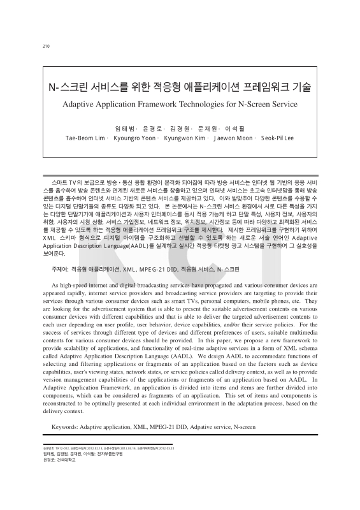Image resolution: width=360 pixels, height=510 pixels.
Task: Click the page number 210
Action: coord(45,46)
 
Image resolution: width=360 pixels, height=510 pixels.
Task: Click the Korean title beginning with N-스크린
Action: coord(179,87)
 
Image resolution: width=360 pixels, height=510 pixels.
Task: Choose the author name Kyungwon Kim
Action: coord(185,138)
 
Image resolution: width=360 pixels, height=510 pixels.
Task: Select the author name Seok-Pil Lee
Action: coord(277,138)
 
